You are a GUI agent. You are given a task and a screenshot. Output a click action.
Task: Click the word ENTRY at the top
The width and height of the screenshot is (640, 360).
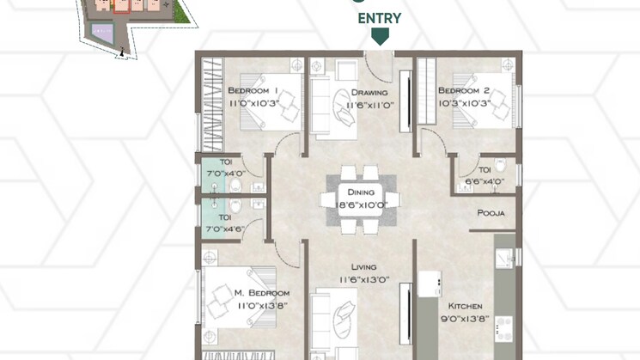[380, 18]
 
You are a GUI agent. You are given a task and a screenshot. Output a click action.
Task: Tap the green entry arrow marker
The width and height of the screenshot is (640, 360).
[380, 36]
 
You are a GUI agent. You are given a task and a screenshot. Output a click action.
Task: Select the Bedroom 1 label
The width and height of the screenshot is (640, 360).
[253, 90]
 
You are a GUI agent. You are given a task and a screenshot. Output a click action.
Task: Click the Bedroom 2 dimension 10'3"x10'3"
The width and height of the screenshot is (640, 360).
[465, 104]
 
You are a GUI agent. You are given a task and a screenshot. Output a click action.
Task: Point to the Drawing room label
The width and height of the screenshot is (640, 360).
[369, 93]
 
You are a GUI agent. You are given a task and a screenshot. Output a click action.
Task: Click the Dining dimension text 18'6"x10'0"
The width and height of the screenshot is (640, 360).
[361, 204]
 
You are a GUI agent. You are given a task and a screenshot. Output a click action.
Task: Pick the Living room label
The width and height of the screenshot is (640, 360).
[363, 267]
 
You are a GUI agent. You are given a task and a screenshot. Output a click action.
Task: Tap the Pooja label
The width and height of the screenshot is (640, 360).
[491, 213]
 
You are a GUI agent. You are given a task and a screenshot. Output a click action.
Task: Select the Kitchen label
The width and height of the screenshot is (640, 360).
[465, 306]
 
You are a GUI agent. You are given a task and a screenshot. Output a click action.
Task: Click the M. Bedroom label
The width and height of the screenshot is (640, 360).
[262, 293]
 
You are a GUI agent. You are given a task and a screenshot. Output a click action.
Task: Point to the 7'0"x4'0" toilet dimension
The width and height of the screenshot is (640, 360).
[226, 174]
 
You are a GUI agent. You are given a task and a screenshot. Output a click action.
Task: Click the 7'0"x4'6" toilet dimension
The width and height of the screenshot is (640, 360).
[226, 229]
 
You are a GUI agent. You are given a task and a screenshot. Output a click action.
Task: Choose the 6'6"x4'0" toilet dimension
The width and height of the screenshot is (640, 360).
[485, 181]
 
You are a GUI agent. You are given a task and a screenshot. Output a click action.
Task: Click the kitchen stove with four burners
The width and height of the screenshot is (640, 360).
[503, 329]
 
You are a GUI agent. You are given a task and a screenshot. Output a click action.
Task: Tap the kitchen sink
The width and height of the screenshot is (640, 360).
[504, 259]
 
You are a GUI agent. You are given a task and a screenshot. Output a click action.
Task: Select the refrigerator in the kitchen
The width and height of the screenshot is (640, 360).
[430, 284]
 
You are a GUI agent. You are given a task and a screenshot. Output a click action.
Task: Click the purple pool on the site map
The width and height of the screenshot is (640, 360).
[101, 32]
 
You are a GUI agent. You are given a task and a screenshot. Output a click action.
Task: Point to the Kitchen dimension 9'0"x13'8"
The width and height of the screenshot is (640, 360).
[465, 319]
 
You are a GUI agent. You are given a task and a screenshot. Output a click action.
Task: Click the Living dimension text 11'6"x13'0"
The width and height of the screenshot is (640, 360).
[364, 280]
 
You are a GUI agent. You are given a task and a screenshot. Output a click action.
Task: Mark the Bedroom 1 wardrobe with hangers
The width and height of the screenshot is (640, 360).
[213, 105]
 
